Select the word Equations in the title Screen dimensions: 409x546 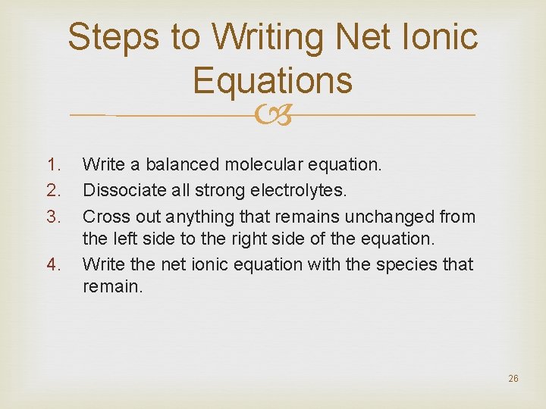pyautogui.click(x=273, y=80)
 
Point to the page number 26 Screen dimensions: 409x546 pyautogui.click(x=513, y=379)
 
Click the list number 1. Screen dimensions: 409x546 pyautogui.click(x=52, y=164)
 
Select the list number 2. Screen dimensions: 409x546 pyautogui.click(x=52, y=190)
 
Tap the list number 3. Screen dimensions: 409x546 pyautogui.click(x=52, y=217)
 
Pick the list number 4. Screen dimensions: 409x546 pyautogui.click(x=52, y=265)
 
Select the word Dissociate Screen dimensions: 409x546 pyautogui.click(x=119, y=190)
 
